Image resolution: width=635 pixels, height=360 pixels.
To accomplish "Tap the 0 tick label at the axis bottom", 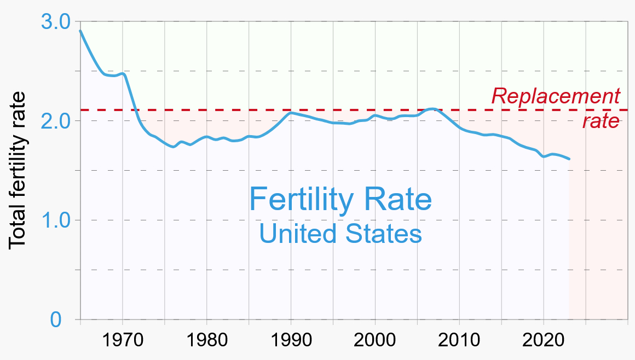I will (56, 320).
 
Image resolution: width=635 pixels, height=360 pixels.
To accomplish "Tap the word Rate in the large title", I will (397, 200).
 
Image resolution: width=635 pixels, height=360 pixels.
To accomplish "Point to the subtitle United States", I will (340, 234).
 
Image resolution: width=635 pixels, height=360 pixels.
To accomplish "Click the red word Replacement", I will (556, 96).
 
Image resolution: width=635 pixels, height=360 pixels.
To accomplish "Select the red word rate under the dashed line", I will (601, 121).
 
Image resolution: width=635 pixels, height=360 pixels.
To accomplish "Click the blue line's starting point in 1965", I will (80, 31).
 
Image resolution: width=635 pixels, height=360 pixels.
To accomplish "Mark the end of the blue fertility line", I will (569, 159).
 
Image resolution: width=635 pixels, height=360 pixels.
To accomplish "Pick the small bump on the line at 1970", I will (123, 73).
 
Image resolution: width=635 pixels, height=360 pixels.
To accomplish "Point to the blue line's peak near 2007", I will (432, 109).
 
